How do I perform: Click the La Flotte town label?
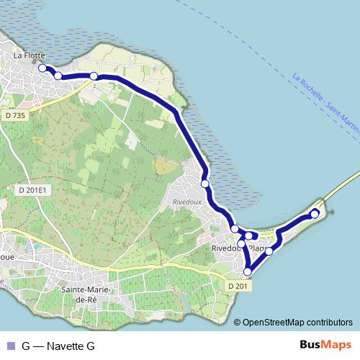(x=30, y=54)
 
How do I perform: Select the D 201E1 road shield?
(x=31, y=190)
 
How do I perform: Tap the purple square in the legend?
(x=11, y=346)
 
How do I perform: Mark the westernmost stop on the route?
(x=42, y=68)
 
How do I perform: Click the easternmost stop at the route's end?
(x=315, y=214)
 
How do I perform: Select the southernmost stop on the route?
(x=248, y=271)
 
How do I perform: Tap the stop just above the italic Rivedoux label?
(x=205, y=184)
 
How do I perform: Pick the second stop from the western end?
(x=58, y=76)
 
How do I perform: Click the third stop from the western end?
(x=94, y=76)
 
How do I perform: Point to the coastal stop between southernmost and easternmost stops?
(x=269, y=251)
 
